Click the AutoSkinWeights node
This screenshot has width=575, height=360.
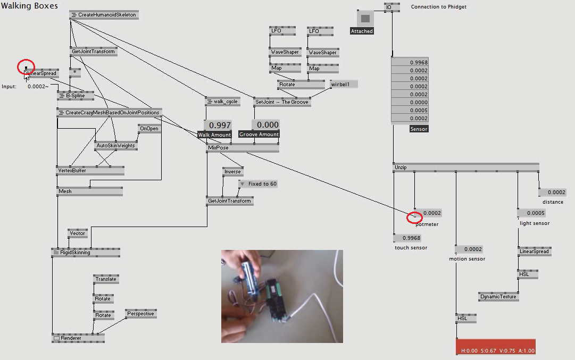coord(115,146)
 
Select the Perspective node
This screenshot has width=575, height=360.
coord(140,314)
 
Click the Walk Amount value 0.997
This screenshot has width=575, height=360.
coord(218,125)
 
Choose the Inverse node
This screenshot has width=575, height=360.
coord(232,172)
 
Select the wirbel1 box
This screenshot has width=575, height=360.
coord(344,84)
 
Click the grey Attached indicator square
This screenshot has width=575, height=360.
coord(365,19)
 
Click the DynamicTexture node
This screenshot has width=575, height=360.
coord(498,297)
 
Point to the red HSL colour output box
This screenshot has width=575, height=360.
coord(495,347)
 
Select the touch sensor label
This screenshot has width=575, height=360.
coord(411,248)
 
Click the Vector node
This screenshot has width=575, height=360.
coord(77,233)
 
